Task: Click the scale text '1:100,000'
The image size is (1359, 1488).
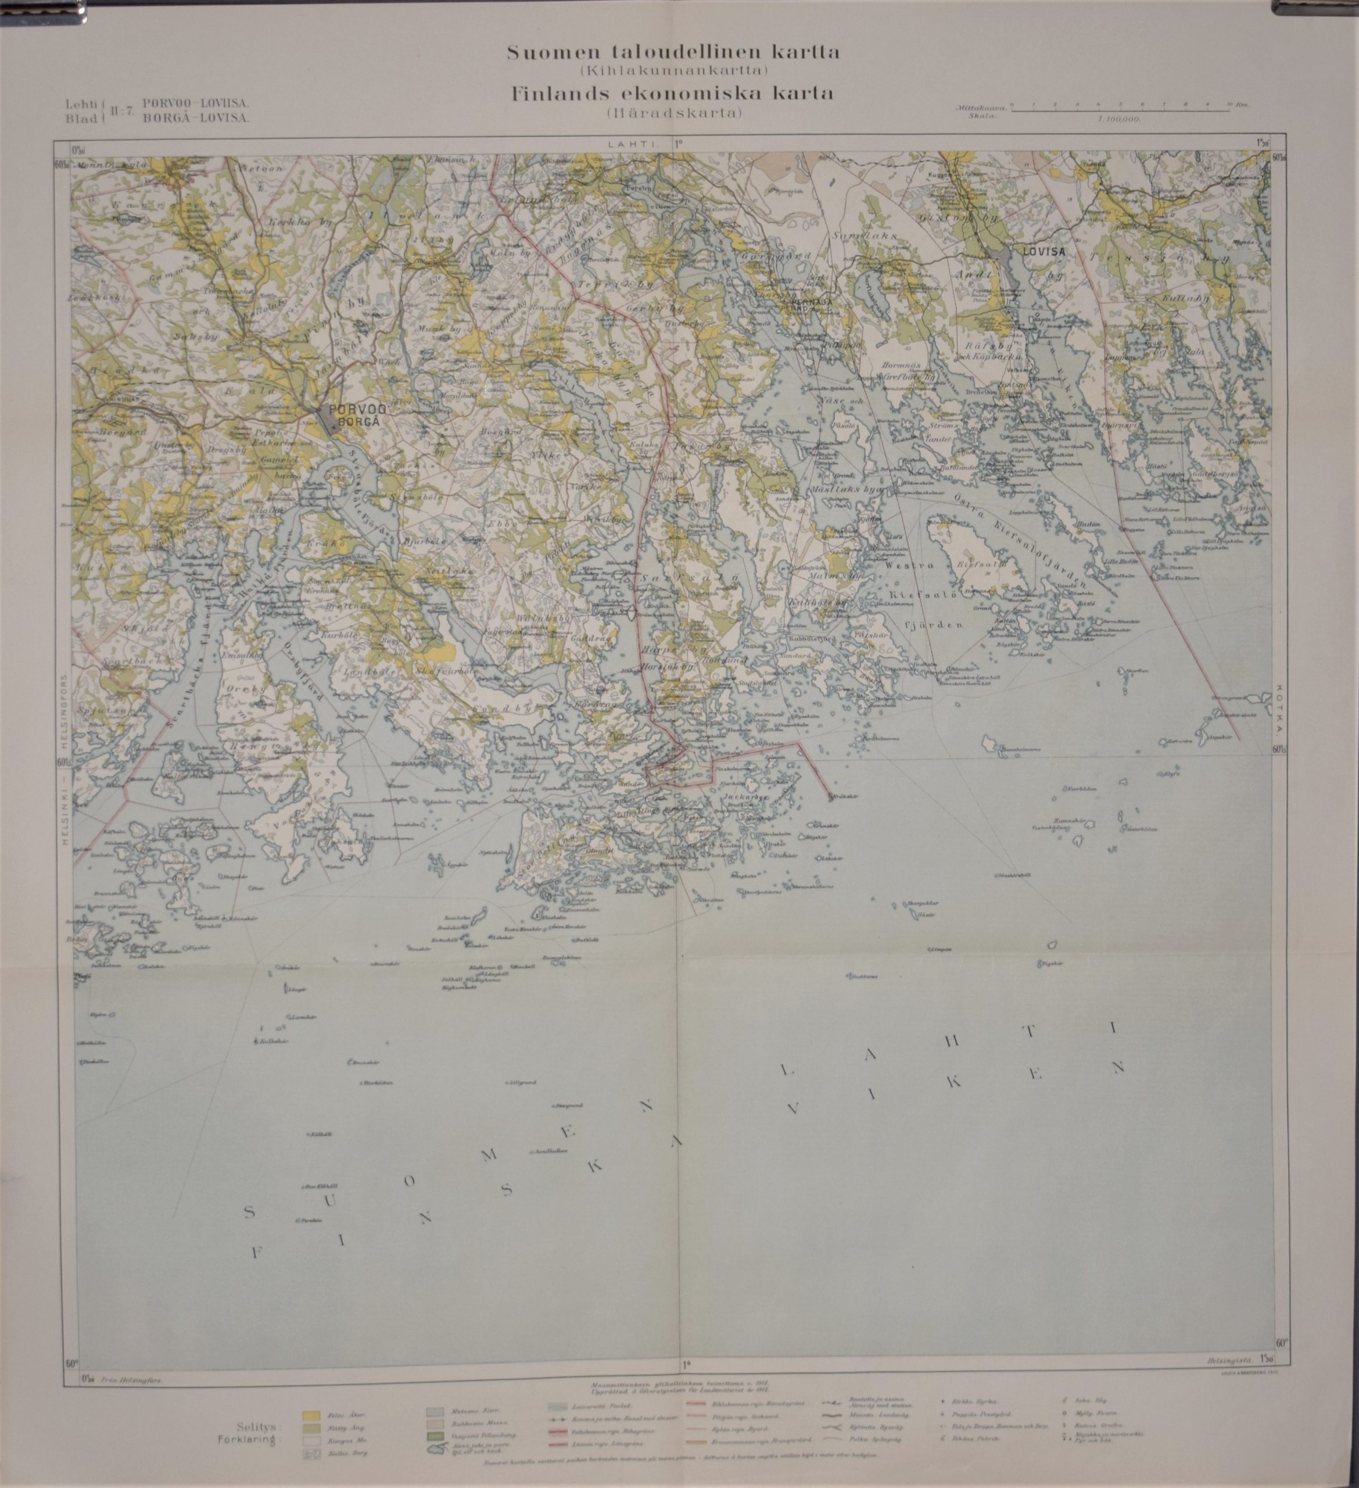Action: tap(1119, 119)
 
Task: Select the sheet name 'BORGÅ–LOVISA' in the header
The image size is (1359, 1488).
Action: tap(197, 117)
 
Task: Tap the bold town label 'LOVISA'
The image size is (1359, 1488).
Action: tap(1044, 251)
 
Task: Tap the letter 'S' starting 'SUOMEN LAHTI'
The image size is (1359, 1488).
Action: tap(249, 1212)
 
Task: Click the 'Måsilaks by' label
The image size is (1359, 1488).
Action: tap(853, 490)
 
